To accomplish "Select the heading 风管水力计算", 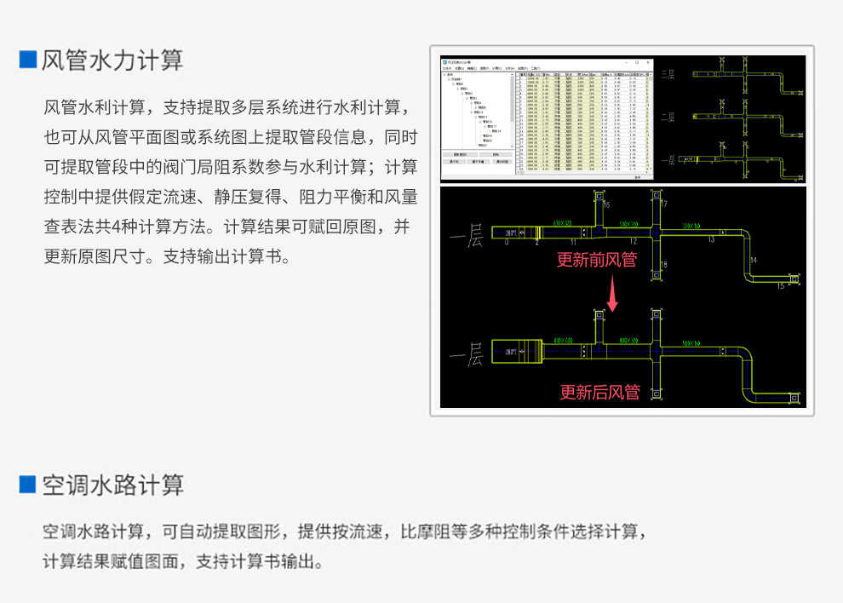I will [112, 60].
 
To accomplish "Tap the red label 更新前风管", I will [596, 260].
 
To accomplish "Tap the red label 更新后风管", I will [599, 392].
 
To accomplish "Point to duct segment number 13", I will [711, 240].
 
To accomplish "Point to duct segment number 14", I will [753, 259].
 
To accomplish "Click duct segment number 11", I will [573, 243].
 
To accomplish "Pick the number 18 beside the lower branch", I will [664, 266].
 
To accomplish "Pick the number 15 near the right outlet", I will [780, 287].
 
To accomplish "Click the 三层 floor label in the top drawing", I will [668, 75].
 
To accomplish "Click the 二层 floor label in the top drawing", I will [668, 118].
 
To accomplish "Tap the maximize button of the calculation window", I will [636, 62].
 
